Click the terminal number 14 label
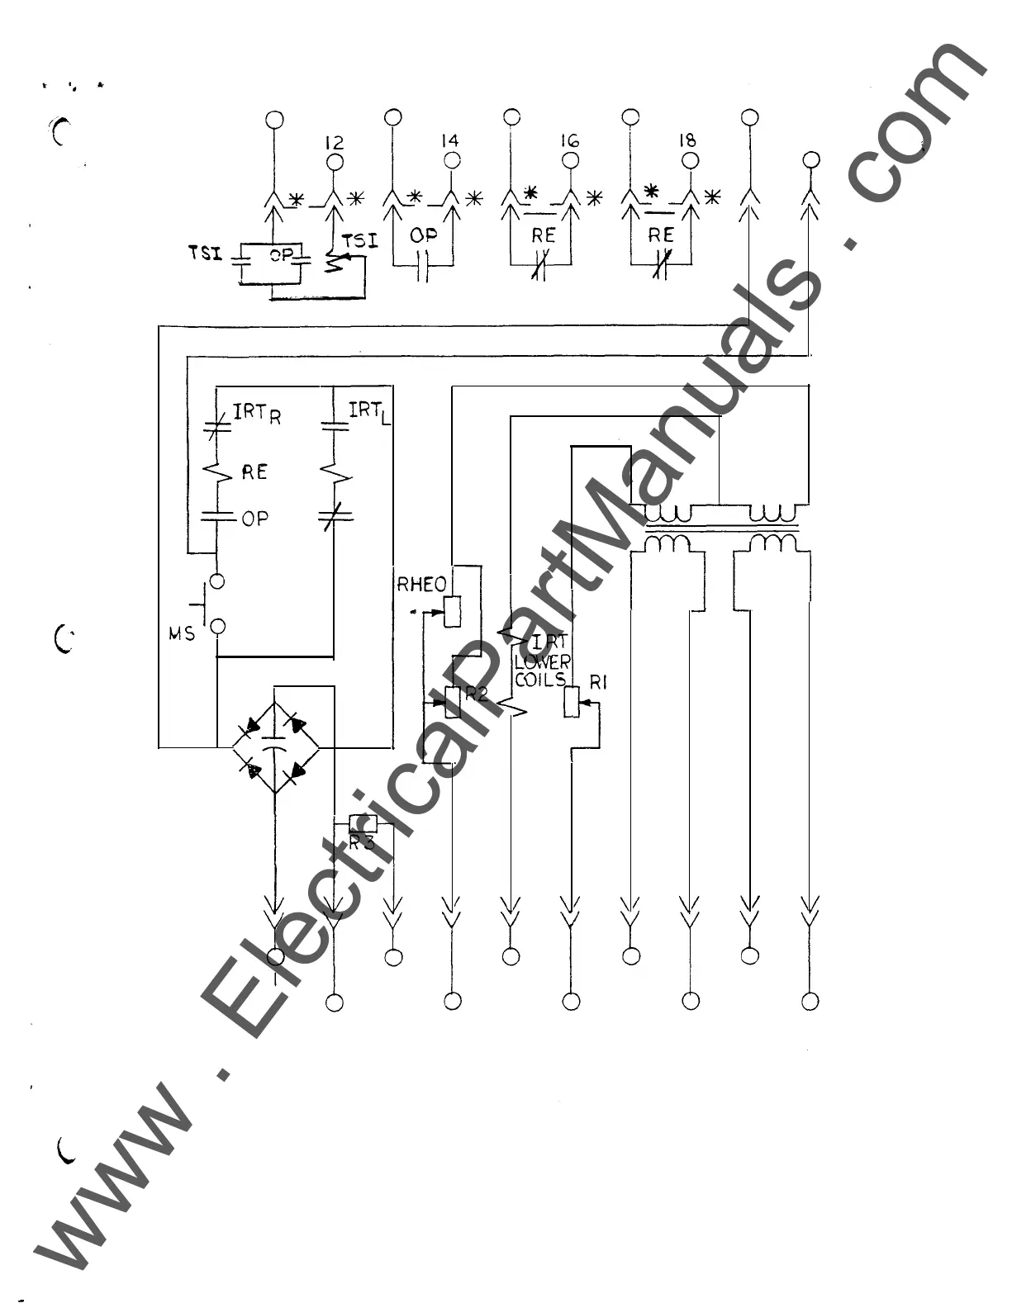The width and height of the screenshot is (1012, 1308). coord(450,141)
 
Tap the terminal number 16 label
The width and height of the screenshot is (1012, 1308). coord(569,140)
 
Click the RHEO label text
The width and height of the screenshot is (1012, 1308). coord(421,585)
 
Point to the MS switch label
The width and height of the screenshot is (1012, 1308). coord(182,633)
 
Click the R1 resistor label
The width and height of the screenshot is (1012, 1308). coord(599,682)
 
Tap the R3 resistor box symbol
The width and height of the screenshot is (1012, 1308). coord(363,823)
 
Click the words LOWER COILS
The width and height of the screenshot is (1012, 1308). coord(542,671)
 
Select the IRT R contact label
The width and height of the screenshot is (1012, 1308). coord(257,412)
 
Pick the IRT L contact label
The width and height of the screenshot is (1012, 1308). coord(369,410)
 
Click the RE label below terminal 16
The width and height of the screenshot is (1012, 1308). coord(543,235)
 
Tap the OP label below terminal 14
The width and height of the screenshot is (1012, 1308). coord(424,235)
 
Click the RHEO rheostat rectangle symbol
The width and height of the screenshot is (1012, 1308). coord(452,612)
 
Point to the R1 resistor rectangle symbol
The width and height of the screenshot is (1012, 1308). coord(571,701)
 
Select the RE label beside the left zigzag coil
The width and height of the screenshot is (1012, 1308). coord(254,472)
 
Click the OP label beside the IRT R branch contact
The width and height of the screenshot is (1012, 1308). coord(254,519)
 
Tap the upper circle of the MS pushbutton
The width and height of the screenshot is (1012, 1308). coord(217,581)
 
